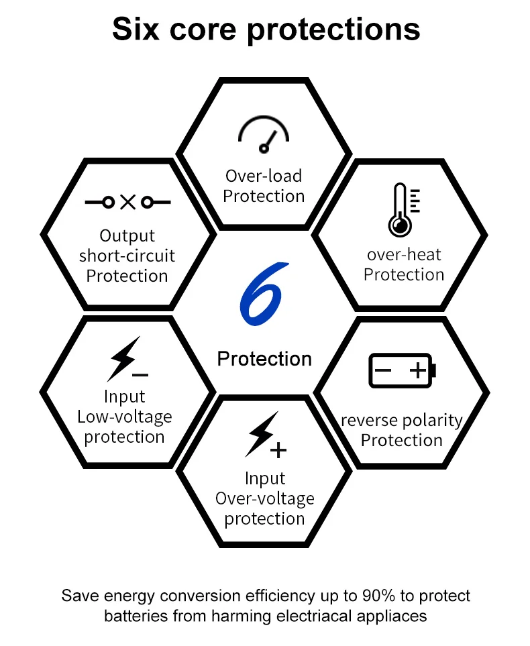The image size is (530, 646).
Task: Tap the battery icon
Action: click(403, 370)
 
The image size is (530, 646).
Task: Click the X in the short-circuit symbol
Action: click(127, 201)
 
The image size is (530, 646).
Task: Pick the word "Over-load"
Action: click(264, 176)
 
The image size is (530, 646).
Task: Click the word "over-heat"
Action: click(404, 254)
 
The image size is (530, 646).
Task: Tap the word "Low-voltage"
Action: click(125, 417)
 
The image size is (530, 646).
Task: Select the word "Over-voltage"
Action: click(265, 498)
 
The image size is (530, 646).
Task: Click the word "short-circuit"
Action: click(127, 256)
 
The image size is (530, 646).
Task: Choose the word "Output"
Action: click(127, 235)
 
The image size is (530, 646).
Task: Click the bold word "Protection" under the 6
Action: click(264, 359)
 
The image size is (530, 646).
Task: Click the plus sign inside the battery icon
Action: click(417, 370)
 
